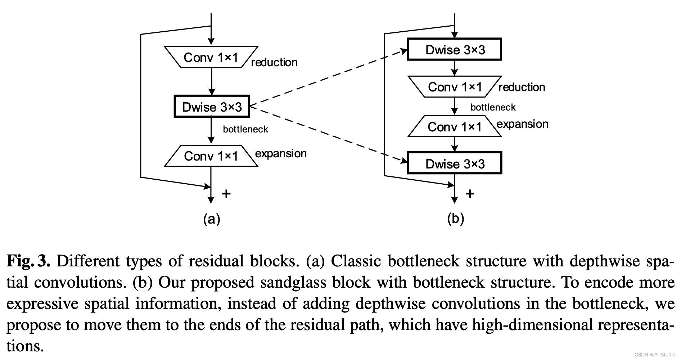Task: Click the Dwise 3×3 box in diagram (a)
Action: (212, 106)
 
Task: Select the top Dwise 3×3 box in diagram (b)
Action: (454, 49)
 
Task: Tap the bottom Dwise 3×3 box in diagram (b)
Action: (454, 163)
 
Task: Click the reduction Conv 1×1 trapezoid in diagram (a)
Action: (211, 57)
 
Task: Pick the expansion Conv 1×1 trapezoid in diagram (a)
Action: (211, 156)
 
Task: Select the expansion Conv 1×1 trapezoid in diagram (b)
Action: (454, 126)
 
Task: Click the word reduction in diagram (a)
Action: (274, 62)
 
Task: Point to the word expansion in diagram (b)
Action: (522, 124)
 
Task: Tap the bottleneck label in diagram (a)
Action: (245, 129)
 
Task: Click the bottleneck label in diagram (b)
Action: (493, 107)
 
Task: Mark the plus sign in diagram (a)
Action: (226, 194)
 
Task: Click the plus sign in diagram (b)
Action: (470, 194)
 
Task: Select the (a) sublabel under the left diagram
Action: (212, 219)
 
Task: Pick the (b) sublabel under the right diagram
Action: (455, 219)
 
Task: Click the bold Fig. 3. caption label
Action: (28, 261)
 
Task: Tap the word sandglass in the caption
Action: (293, 283)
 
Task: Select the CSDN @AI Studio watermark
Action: (655, 355)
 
